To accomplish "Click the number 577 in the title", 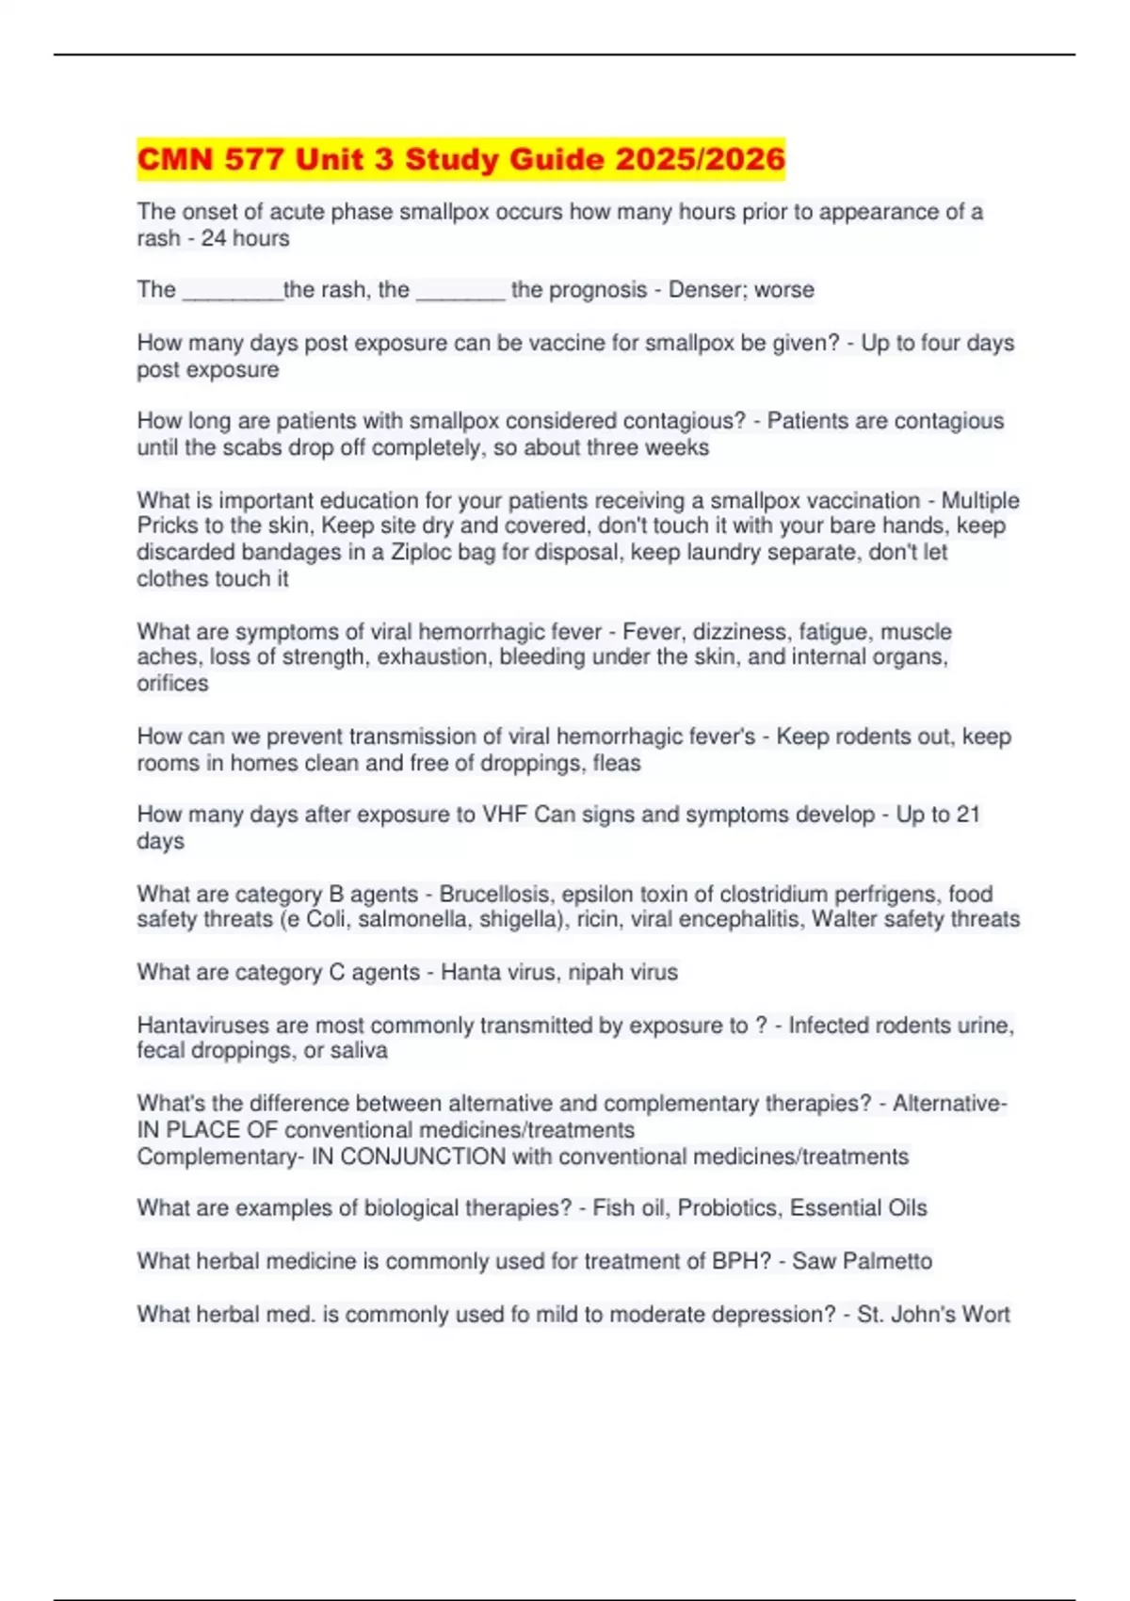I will pos(253,159).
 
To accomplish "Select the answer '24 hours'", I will pos(245,238).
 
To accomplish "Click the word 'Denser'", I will pos(702,290).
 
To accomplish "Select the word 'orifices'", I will pos(172,684).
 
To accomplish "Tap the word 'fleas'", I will pos(617,763).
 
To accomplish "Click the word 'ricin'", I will pos(597,919).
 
